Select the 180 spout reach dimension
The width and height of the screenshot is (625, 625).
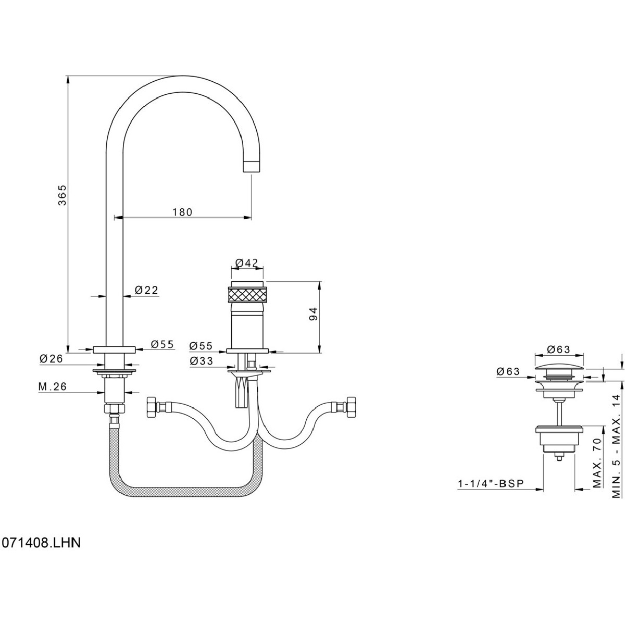[182, 212]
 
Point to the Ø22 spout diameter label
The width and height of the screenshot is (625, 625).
[146, 291]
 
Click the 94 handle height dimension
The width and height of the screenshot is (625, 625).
[312, 315]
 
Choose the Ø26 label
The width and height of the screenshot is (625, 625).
[51, 358]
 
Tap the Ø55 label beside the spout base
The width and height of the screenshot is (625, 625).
[162, 344]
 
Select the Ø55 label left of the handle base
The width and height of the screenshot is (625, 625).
[201, 345]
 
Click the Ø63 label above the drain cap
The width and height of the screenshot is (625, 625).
[559, 349]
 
